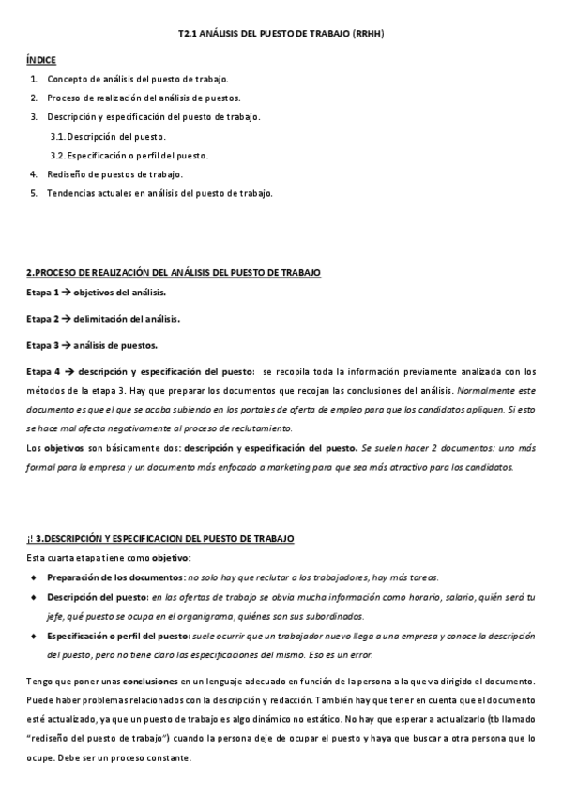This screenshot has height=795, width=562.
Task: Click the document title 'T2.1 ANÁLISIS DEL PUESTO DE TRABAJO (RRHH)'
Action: (281, 34)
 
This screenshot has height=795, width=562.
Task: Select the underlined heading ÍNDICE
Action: (40, 59)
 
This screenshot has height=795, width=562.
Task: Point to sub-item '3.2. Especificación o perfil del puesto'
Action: (129, 156)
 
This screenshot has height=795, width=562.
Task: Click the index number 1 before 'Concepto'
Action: (33, 79)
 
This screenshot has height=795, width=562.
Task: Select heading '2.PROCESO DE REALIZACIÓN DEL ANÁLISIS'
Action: (173, 272)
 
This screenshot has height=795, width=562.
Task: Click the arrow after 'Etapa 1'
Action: (66, 293)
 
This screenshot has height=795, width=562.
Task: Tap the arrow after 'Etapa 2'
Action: (66, 319)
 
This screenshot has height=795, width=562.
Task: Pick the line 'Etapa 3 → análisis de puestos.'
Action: (92, 344)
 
